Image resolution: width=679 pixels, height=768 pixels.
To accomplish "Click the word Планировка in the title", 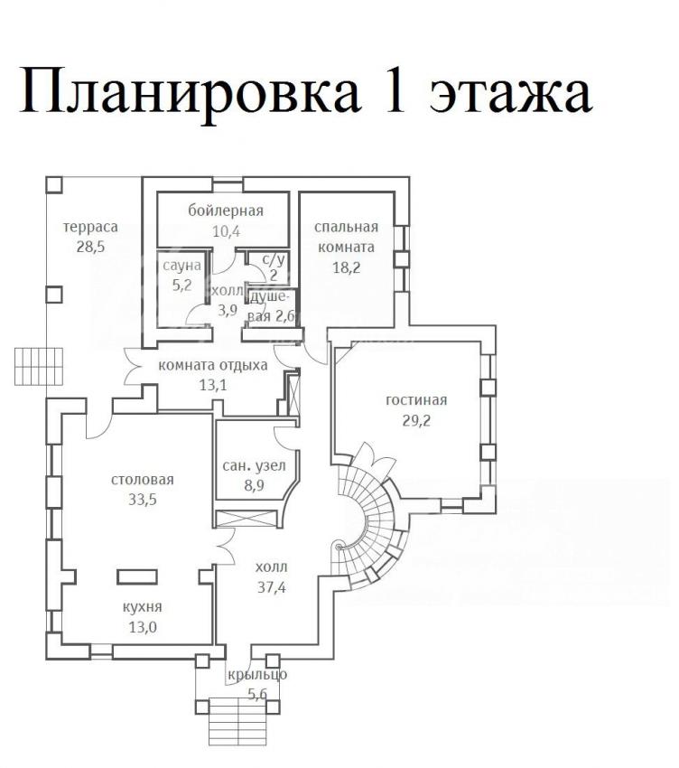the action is (x=190, y=91).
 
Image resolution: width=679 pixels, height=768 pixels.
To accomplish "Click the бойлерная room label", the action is (x=226, y=211).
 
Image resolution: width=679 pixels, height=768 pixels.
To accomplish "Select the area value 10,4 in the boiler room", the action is (x=226, y=231).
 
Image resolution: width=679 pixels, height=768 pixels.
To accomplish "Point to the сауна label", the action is (x=181, y=266).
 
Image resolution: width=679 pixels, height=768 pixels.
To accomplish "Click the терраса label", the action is (x=90, y=228).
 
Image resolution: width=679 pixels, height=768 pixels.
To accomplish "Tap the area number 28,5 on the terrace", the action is (x=90, y=247).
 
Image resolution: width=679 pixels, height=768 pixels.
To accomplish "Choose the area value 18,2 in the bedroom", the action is (x=346, y=267).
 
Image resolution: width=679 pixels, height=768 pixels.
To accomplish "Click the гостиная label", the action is (x=416, y=400).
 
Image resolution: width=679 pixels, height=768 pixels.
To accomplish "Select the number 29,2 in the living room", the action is (x=416, y=421).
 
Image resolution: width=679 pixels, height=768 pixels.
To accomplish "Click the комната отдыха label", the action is (x=213, y=365).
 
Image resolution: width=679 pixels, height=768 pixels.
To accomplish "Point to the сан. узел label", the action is (x=254, y=466).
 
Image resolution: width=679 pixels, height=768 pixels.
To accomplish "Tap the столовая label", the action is (x=143, y=480).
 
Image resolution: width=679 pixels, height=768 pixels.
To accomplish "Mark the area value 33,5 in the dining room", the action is (x=143, y=500).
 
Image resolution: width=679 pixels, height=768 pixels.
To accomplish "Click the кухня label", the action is (x=142, y=607).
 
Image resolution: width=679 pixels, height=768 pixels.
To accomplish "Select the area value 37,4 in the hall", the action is (x=272, y=587).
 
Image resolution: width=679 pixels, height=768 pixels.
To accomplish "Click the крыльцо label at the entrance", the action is (x=257, y=675).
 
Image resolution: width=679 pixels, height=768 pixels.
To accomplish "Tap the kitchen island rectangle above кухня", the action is (x=137, y=576).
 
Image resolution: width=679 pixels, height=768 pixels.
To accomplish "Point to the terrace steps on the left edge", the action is (x=39, y=366).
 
